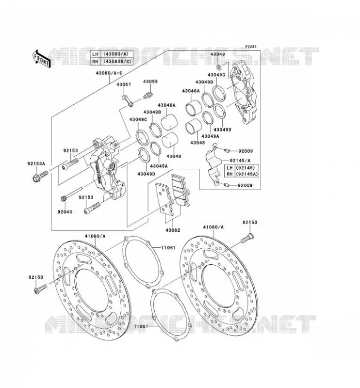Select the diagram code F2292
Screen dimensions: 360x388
pyautogui.click(x=251, y=47)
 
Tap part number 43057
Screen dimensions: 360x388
pyautogui.click(x=124, y=84)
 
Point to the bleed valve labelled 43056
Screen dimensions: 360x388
pyautogui.click(x=148, y=95)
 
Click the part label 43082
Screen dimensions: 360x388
pyautogui.click(x=173, y=230)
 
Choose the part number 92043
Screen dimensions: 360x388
pyautogui.click(x=65, y=212)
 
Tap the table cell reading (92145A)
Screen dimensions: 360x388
pyautogui.click(x=246, y=174)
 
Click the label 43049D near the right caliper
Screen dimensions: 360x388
pyautogui.click(x=222, y=129)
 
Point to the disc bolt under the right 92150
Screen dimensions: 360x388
pyautogui.click(x=247, y=238)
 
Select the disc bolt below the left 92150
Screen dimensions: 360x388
pyautogui.click(x=40, y=289)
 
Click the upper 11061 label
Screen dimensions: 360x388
pyautogui.click(x=168, y=247)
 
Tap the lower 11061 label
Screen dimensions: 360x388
pyautogui.click(x=141, y=326)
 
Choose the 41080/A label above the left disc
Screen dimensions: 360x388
pyautogui.click(x=95, y=236)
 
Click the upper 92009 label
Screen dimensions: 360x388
pyautogui.click(x=245, y=151)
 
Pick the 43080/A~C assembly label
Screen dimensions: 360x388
pyautogui.click(x=109, y=73)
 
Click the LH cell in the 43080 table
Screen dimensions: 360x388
pyautogui.click(x=95, y=54)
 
